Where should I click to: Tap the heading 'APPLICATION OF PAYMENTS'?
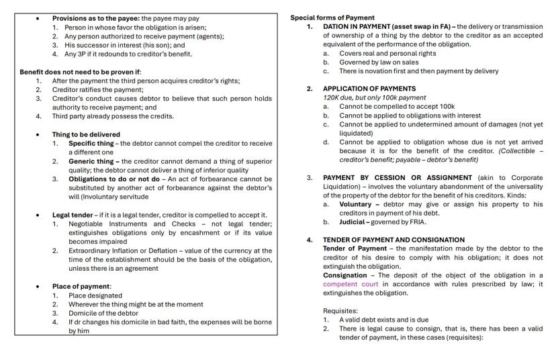click(369, 89)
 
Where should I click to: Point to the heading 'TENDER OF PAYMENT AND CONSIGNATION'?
click(393, 240)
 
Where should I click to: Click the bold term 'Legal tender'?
click(73, 215)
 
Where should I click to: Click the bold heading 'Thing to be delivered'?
click(86, 134)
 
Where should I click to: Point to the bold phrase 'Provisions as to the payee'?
click(95, 18)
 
